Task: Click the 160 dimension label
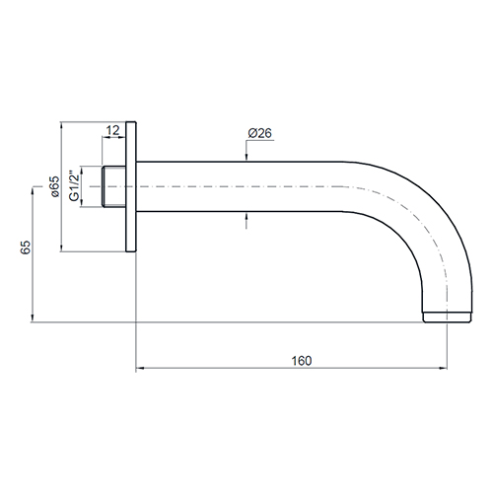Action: coord(302,361)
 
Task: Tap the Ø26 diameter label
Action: coord(260,133)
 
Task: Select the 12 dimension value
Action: coord(113,130)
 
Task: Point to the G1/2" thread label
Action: coord(75,185)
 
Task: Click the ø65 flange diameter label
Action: coord(54,186)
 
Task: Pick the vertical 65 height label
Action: coord(26,247)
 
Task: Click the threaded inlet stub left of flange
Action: coord(113,186)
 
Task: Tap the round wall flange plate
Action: coord(131,186)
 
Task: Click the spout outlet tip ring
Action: coord(448,317)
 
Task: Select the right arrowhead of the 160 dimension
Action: coord(443,368)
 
